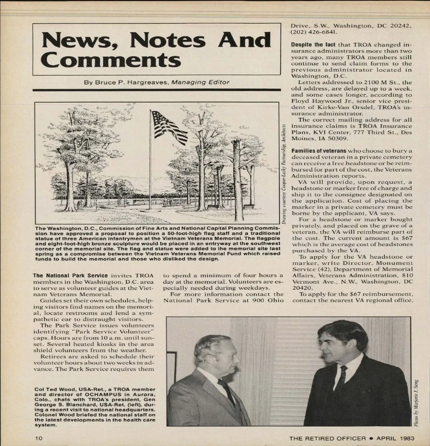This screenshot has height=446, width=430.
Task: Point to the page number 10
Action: pyautogui.click(x=39, y=438)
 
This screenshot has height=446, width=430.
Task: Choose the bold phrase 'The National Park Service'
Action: pyautogui.click(x=70, y=276)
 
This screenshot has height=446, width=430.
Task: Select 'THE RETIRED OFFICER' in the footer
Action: pyautogui.click(x=328, y=438)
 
